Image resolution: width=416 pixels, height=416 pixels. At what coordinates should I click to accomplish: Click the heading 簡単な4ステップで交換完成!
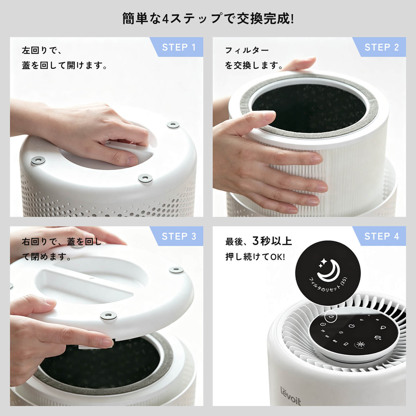click(208, 19)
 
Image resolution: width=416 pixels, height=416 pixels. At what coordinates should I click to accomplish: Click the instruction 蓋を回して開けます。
click(64, 65)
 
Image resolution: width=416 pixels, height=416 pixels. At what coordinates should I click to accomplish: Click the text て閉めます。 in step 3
click(47, 257)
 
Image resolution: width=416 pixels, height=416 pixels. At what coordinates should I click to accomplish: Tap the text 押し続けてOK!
click(255, 257)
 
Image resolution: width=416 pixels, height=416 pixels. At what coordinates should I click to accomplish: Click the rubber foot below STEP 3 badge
click(176, 269)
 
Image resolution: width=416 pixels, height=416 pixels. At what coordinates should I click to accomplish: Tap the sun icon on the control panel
click(360, 344)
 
